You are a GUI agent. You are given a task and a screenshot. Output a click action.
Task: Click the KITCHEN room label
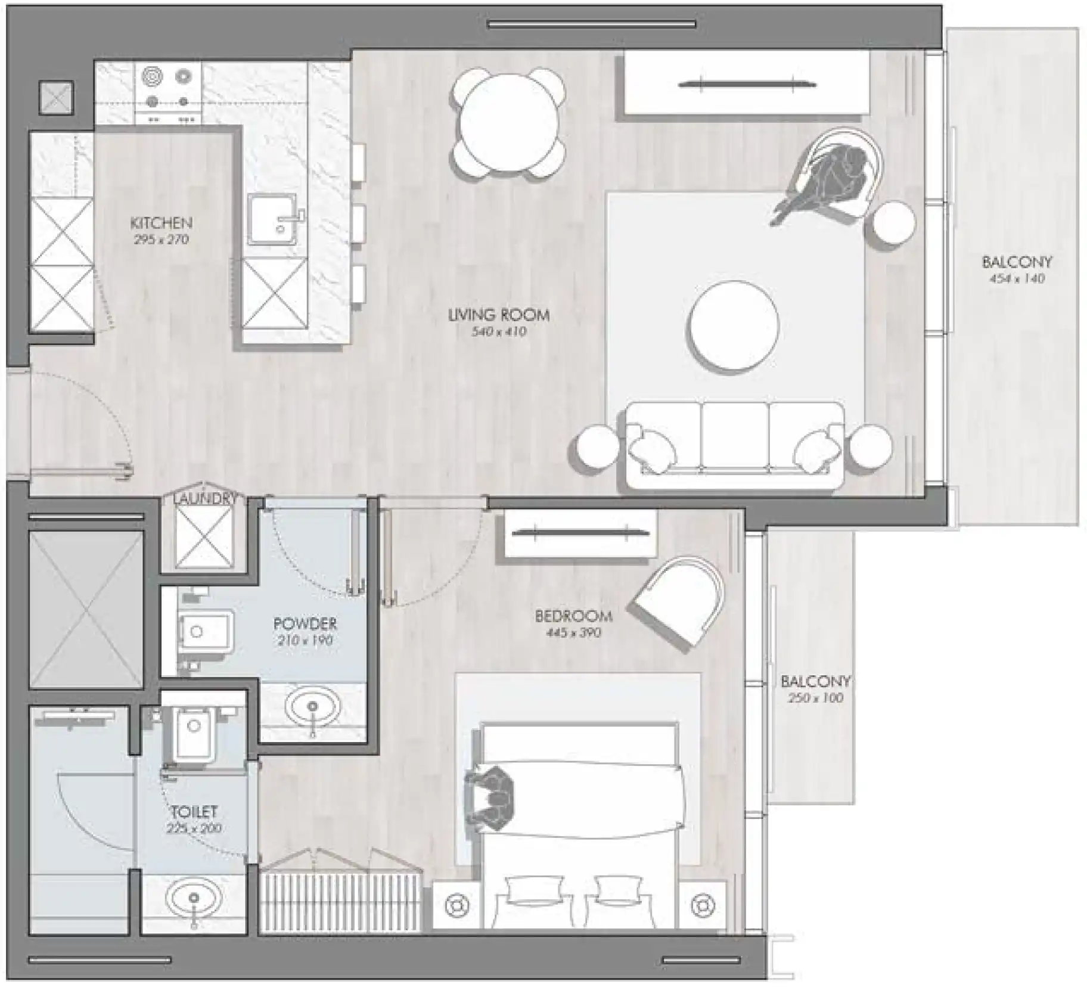tap(161, 224)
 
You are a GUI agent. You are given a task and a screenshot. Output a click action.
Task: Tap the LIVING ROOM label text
tap(499, 315)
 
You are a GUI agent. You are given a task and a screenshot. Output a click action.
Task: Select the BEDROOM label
tap(573, 616)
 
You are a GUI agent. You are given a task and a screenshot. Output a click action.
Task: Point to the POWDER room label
tap(305, 624)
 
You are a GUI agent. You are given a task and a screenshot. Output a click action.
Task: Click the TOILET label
tap(194, 811)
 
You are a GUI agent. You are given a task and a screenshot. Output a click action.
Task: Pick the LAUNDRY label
tap(205, 499)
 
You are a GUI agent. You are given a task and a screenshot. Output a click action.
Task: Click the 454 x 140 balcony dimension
tap(1017, 278)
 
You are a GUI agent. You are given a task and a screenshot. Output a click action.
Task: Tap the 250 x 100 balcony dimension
tap(815, 698)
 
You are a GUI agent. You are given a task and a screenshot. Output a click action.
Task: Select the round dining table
tap(508, 124)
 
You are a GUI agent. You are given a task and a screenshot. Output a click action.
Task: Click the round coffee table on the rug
tap(734, 326)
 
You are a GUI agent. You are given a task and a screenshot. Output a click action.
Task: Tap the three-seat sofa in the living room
tap(735, 444)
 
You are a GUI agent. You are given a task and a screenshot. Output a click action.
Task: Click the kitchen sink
tap(273, 219)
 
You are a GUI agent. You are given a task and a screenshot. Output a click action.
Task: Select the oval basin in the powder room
tap(313, 707)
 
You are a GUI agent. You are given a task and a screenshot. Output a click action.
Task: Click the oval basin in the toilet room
tap(193, 898)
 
